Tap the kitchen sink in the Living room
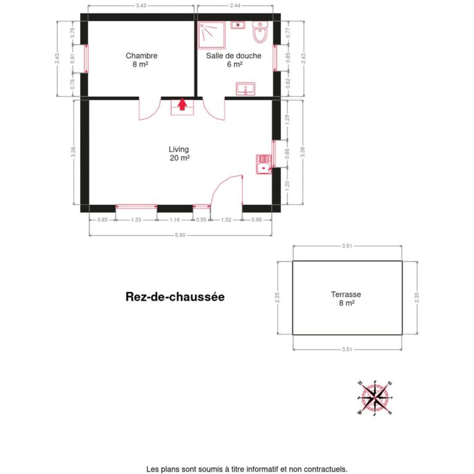pyautogui.click(x=264, y=164)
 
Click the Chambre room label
pyautogui.click(x=141, y=59)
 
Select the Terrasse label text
pyautogui.click(x=346, y=299)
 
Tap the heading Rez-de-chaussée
pyautogui.click(x=175, y=297)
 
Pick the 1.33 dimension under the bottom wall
pyautogui.click(x=136, y=220)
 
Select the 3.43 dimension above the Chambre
pyautogui.click(x=141, y=6)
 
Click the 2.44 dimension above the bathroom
pyautogui.click(x=235, y=6)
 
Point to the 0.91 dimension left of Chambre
pyautogui.click(x=73, y=59)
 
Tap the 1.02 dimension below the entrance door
pyautogui.click(x=227, y=220)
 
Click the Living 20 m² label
pyautogui.click(x=179, y=153)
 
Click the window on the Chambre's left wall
pyautogui.click(x=85, y=59)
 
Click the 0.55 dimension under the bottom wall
pyautogui.click(x=201, y=220)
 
